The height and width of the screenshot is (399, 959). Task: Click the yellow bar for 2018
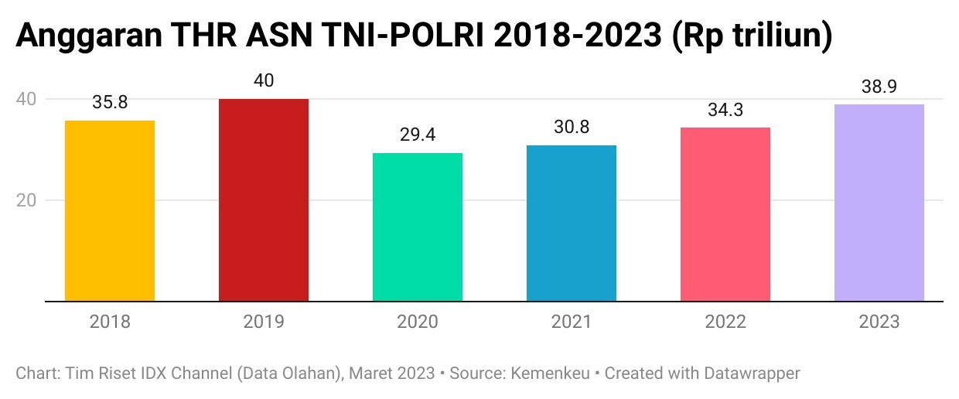tap(110, 210)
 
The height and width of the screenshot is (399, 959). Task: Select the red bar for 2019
tap(264, 199)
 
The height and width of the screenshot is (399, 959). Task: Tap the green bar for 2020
tap(418, 227)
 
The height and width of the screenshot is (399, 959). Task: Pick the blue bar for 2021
tap(572, 223)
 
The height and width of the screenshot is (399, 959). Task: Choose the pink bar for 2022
tap(725, 214)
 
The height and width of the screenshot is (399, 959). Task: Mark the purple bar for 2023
tap(879, 203)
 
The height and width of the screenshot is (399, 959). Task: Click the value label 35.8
tap(110, 103)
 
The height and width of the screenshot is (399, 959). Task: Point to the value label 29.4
tap(418, 135)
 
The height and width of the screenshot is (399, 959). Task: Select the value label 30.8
tap(572, 128)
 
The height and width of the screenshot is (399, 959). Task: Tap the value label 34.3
tap(725, 110)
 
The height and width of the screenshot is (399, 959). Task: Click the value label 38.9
tap(879, 87)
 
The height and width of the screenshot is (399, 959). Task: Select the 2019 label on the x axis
tap(264, 322)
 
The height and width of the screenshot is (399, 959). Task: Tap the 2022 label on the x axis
tap(725, 322)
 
